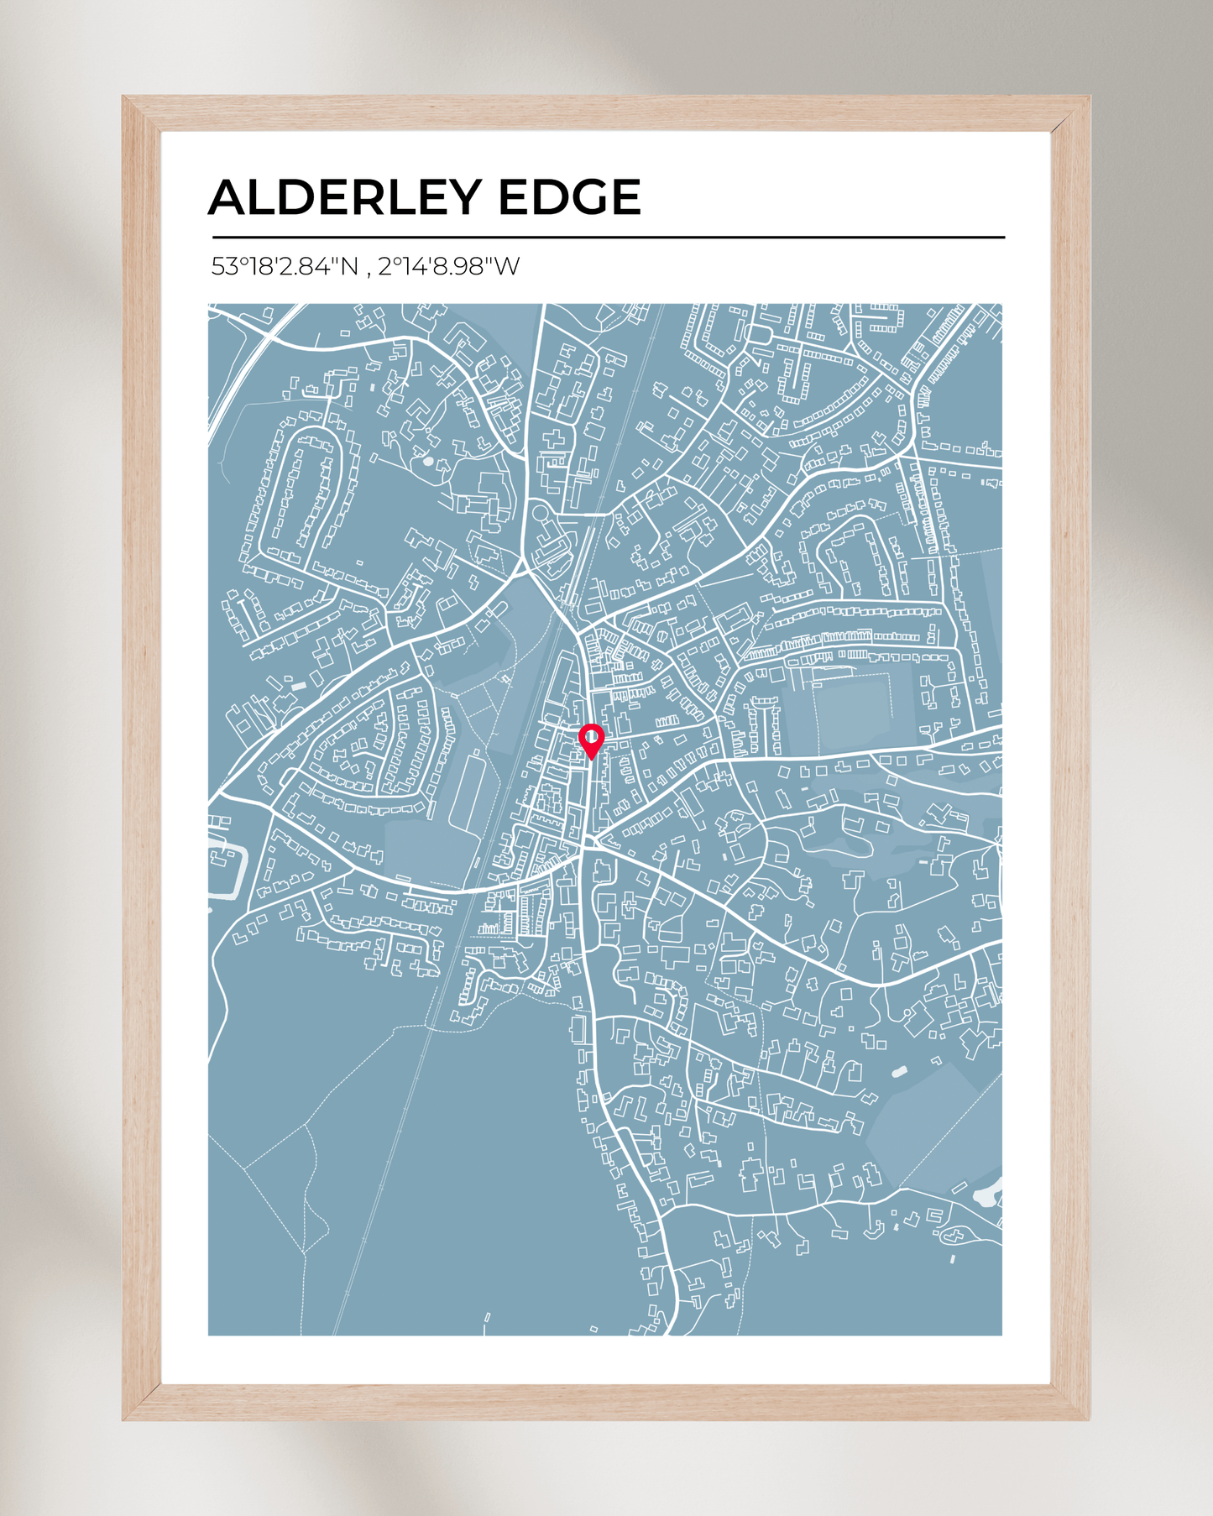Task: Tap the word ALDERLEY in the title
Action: pyautogui.click(x=345, y=197)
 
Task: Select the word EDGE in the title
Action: pyautogui.click(x=569, y=197)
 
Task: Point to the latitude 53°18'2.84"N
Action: pyautogui.click(x=285, y=267)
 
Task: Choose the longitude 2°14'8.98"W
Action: pyautogui.click(x=448, y=267)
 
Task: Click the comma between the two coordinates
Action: pyautogui.click(x=369, y=270)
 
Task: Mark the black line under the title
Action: pyautogui.click(x=608, y=238)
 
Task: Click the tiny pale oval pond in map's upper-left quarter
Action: pyautogui.click(x=428, y=461)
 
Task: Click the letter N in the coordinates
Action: pyautogui.click(x=348, y=267)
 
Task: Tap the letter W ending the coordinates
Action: pyautogui.click(x=507, y=267)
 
